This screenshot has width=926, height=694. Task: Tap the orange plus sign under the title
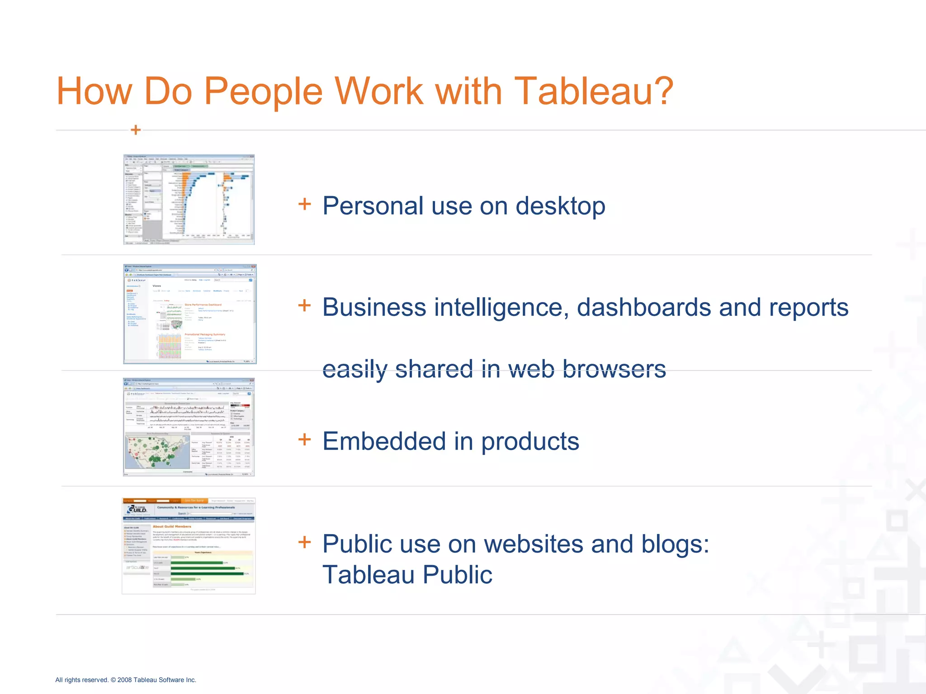click(135, 130)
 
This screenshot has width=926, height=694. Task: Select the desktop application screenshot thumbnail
click(189, 199)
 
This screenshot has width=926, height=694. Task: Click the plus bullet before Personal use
click(305, 204)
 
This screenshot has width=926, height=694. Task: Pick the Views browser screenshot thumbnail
click(189, 314)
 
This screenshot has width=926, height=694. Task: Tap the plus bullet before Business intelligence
click(305, 305)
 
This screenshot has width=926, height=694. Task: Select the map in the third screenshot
click(157, 452)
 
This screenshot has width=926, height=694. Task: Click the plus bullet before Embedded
click(305, 440)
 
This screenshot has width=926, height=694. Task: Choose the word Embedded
click(384, 441)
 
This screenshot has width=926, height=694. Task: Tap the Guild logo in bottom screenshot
click(136, 509)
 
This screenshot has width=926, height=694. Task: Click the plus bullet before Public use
click(305, 542)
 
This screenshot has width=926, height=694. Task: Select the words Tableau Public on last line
click(407, 575)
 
